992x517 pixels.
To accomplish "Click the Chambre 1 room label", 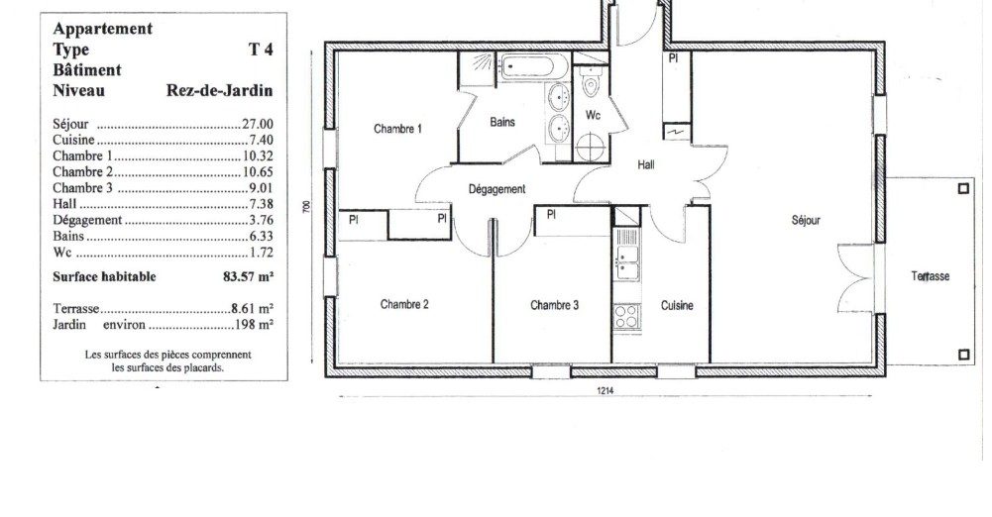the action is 398,129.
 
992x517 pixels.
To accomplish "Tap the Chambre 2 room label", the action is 404,304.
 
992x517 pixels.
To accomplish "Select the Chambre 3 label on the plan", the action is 554,305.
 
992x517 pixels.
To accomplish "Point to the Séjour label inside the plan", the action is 806,220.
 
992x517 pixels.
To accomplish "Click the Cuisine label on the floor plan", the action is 677,305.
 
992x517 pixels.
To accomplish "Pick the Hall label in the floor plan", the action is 646,165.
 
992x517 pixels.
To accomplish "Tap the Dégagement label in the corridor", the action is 497,189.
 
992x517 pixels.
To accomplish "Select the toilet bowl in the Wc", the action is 591,82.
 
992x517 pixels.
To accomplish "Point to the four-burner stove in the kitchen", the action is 626,316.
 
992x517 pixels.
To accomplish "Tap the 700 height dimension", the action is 307,206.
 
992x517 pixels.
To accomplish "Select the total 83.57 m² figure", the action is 248,276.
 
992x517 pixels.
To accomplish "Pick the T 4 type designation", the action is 261,50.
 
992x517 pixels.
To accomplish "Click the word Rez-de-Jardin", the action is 220,90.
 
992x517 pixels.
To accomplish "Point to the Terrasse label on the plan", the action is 930,276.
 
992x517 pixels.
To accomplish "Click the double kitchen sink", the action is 626,262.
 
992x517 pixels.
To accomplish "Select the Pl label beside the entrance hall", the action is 674,58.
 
